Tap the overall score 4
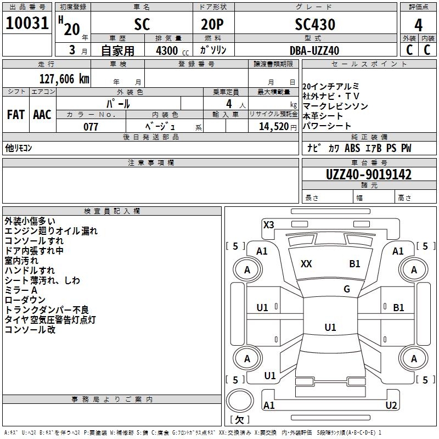coord(418,25)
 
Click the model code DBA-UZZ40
coord(314,50)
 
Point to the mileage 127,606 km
coord(64,78)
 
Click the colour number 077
coord(91,127)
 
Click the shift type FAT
coord(16,115)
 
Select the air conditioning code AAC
coord(42,115)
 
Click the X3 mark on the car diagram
coord(269,224)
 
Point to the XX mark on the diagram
coord(306,264)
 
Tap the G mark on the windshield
coord(347,289)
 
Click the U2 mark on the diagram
coord(391,406)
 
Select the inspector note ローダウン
coord(25,300)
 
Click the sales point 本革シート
coord(323,116)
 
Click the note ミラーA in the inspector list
coord(21,290)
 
